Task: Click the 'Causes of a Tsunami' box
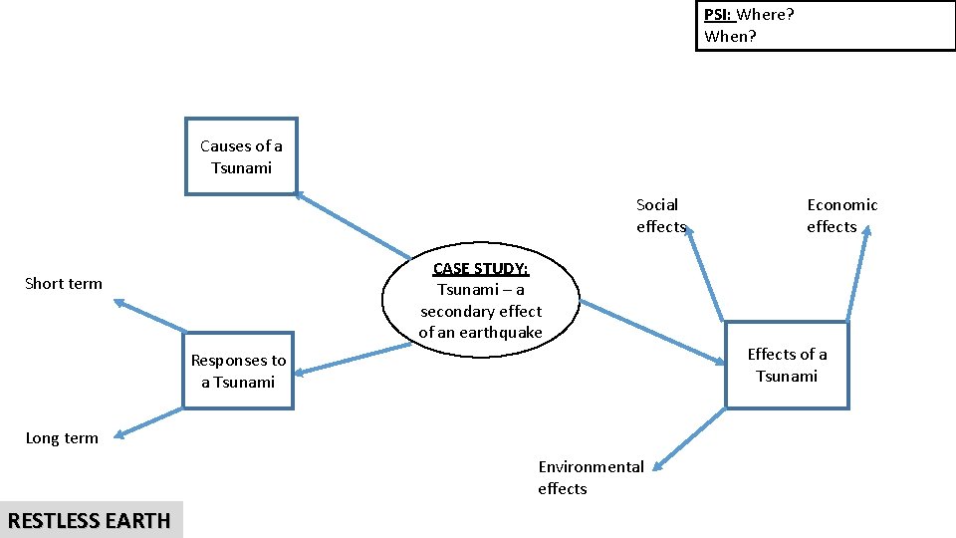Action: pyautogui.click(x=241, y=157)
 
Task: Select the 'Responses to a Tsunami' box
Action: pyautogui.click(x=238, y=371)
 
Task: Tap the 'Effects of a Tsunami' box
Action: pyautogui.click(x=787, y=365)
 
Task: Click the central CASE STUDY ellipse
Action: pyautogui.click(x=481, y=300)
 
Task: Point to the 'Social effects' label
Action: pyautogui.click(x=660, y=215)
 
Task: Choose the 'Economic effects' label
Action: pyautogui.click(x=841, y=215)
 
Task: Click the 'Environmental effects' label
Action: pyautogui.click(x=591, y=477)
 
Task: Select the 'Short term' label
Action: pyautogui.click(x=64, y=284)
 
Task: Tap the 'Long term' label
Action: pyautogui.click(x=62, y=438)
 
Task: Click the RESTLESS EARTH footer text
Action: pyautogui.click(x=90, y=520)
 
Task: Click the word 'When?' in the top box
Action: pyautogui.click(x=730, y=37)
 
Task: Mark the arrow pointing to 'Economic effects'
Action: pyautogui.click(x=857, y=273)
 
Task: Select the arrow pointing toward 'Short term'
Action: pyautogui.click(x=149, y=315)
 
